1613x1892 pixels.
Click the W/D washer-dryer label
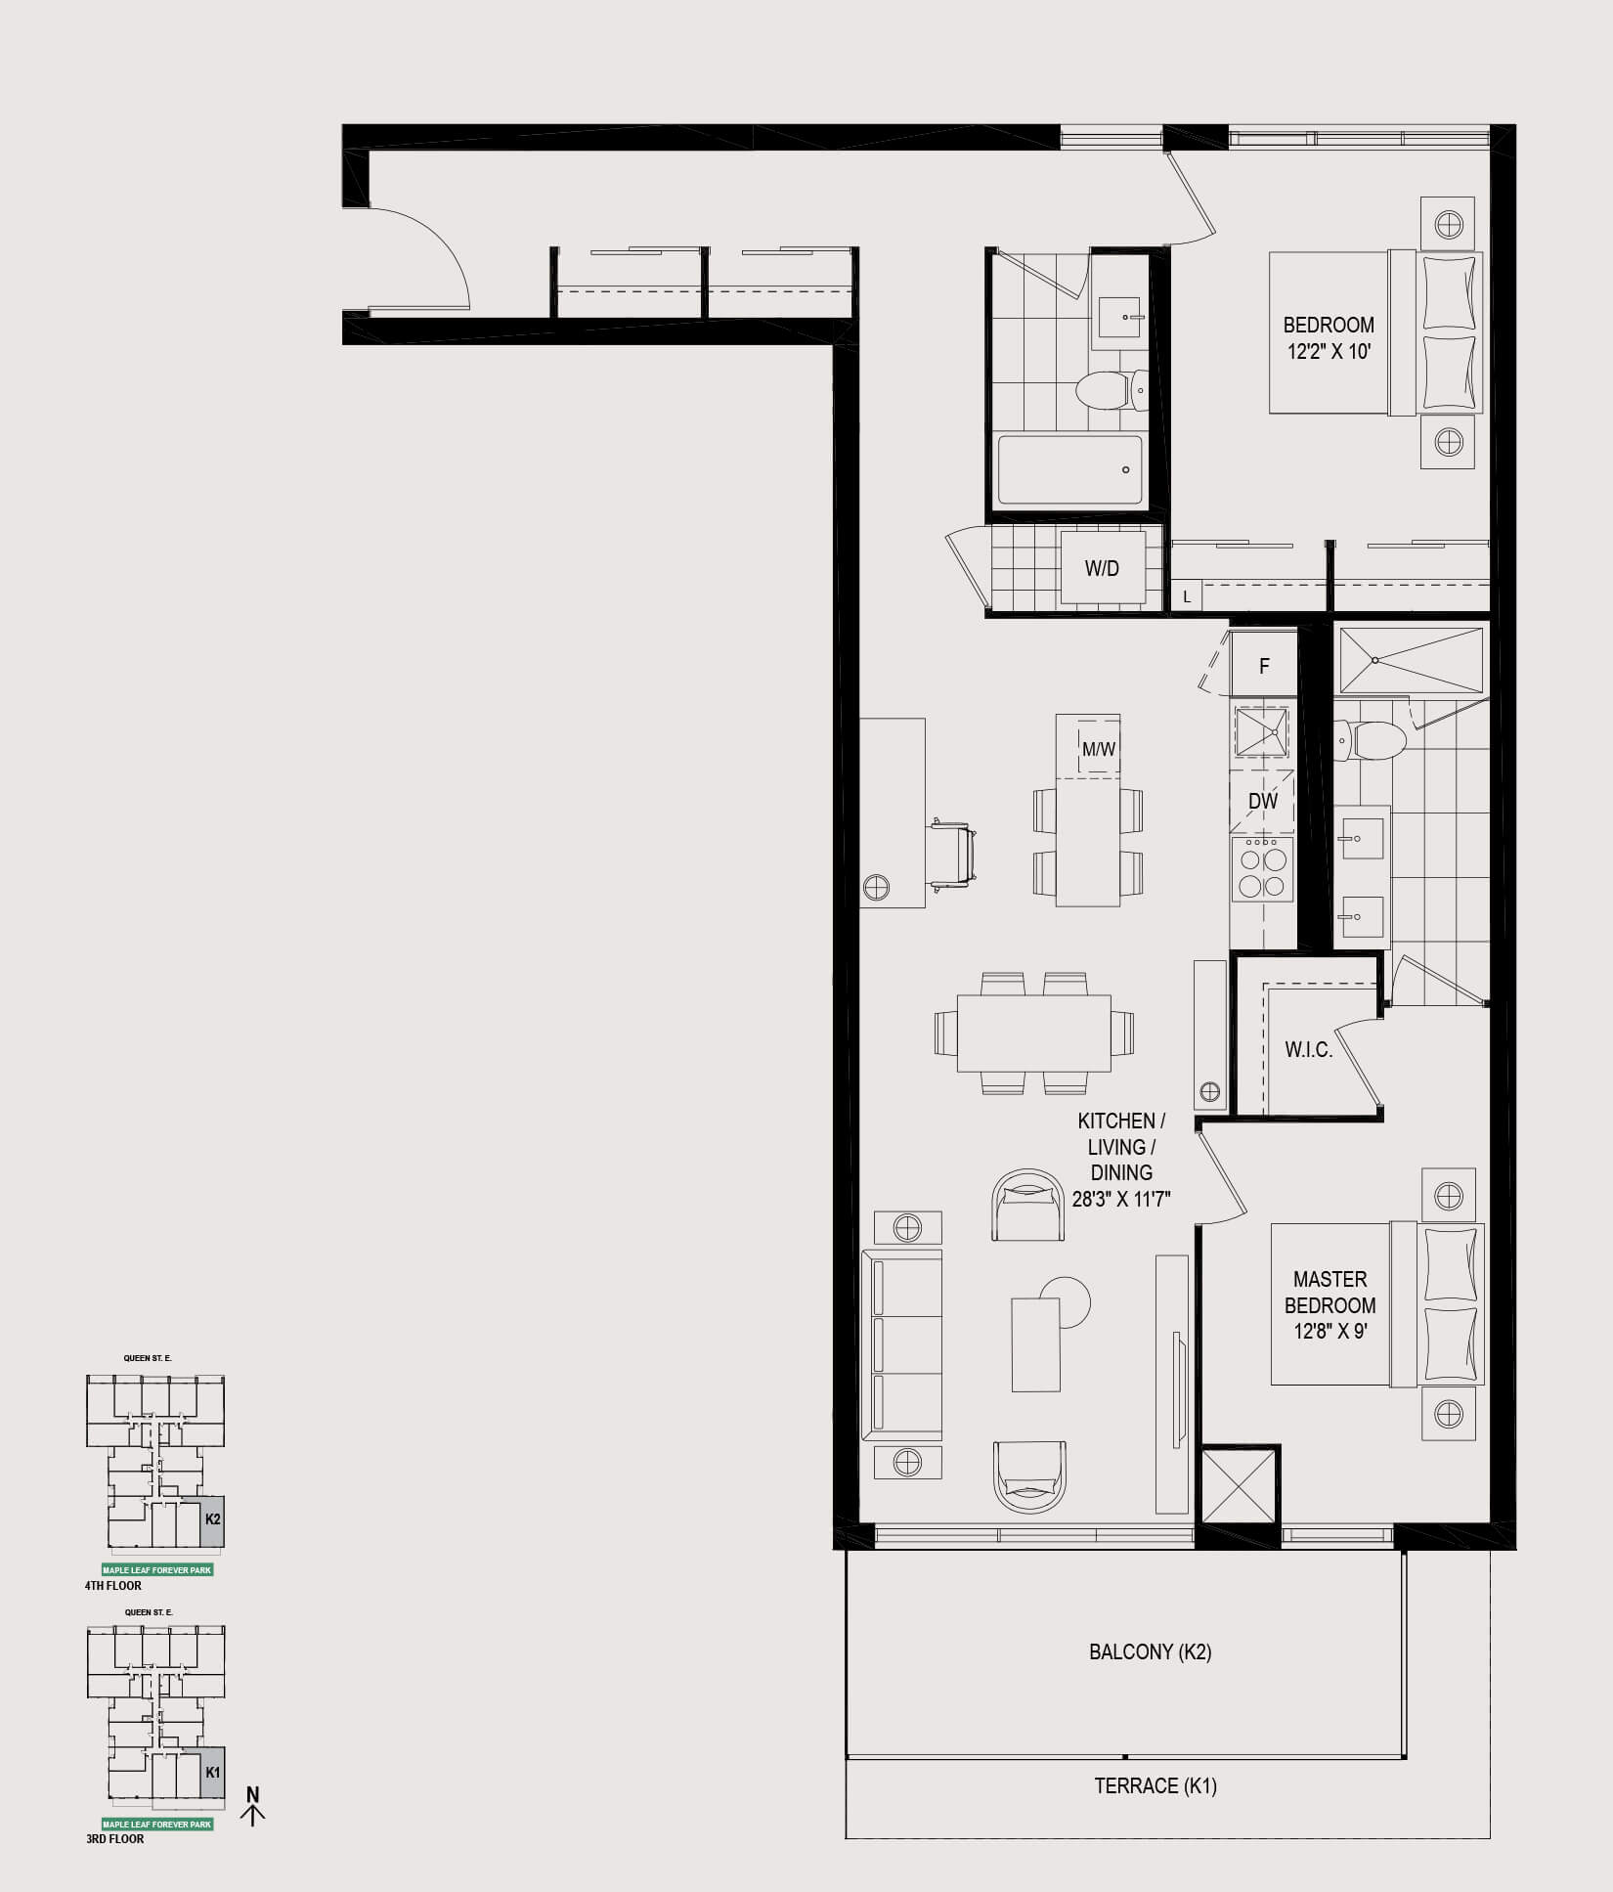click(x=1102, y=568)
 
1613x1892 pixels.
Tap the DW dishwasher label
click(x=1263, y=801)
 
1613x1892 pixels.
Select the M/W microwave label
click(x=1099, y=749)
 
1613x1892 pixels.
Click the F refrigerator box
click(x=1264, y=665)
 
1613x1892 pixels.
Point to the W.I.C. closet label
click(x=1309, y=1050)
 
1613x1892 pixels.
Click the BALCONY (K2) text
click(x=1151, y=1651)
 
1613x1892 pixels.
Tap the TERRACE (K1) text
click(x=1155, y=1785)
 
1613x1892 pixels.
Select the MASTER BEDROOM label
click(x=1330, y=1292)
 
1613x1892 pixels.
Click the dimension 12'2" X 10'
click(x=1330, y=351)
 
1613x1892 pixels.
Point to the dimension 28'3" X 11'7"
click(x=1121, y=1198)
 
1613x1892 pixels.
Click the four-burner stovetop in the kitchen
click(x=1262, y=869)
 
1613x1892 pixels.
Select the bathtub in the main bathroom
click(x=1070, y=470)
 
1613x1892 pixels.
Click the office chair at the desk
click(x=950, y=854)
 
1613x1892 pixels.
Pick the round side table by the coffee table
click(x=1066, y=1302)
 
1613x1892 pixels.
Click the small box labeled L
click(x=1187, y=595)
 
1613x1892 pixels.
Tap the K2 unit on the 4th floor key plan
click(x=212, y=1519)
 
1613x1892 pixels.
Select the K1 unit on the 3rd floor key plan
click(x=212, y=1772)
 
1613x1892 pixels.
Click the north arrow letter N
click(x=253, y=1794)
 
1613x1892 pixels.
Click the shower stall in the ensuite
click(x=1411, y=661)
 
